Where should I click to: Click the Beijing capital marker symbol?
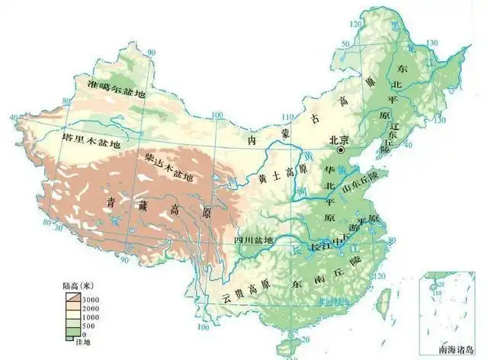[342, 151]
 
